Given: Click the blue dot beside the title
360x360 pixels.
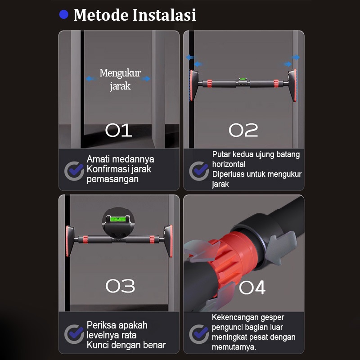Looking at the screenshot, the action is (64, 14).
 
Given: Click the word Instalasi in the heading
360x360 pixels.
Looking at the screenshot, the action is (164, 15).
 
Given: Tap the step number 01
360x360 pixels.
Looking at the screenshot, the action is (118, 130).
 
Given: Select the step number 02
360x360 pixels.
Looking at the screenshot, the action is (243, 130).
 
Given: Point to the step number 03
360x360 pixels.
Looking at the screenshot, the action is (120, 286).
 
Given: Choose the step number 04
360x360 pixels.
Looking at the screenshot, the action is (252, 287).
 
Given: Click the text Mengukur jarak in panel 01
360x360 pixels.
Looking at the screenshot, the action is (120, 80).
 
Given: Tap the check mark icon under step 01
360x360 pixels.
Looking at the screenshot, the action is (74, 171).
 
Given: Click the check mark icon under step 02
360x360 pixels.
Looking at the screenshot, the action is (199, 171).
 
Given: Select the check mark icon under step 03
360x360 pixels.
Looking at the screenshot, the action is (74, 334).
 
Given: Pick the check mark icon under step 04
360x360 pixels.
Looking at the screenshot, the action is (199, 334).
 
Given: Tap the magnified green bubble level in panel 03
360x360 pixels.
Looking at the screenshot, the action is (118, 219).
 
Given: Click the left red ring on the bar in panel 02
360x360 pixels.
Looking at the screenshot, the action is (209, 84).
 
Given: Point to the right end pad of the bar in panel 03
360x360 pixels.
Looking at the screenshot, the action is (169, 241).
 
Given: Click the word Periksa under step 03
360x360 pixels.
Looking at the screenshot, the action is (102, 325).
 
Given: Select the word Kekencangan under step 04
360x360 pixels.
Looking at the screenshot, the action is (232, 317).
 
